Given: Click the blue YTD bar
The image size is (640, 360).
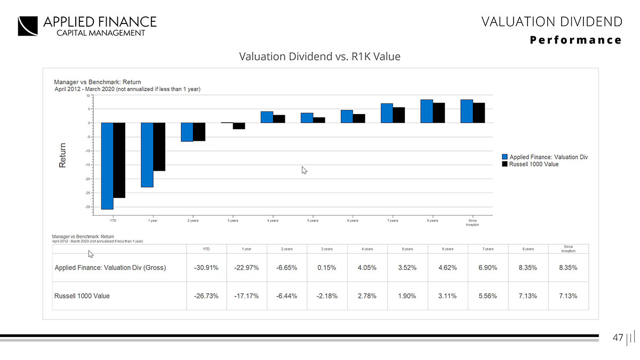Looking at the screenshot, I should coord(107,165).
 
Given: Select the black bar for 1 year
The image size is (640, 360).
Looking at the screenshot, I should coord(159,147).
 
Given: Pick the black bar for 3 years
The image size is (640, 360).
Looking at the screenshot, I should coord(238,126).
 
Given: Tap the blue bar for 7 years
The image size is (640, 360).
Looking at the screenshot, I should coord(387,113).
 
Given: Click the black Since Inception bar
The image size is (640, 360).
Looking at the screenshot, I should coord(478,113).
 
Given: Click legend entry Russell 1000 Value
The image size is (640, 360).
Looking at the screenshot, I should coord(534,164).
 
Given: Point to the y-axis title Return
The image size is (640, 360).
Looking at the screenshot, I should coord(63,156).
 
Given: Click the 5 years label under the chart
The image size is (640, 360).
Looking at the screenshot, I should coord(313,220).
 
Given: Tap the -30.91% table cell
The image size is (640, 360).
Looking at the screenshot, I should coord(206,268).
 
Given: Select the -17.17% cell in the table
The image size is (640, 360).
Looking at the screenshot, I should coord(246,296).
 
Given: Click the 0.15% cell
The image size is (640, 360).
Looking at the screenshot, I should coord(326,268).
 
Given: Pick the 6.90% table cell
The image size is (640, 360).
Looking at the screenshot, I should coord(487,268).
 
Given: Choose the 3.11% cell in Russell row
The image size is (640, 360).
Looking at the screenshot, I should coord(447,296).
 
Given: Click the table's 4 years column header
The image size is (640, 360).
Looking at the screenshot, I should coord(367,249).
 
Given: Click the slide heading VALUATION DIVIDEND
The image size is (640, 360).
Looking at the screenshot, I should coord(551,21).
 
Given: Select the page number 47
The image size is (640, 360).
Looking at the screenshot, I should coord(618,338).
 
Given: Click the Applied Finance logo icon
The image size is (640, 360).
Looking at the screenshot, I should coord(28,26).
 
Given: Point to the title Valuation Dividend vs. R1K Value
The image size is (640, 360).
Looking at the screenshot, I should coord(319,56).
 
